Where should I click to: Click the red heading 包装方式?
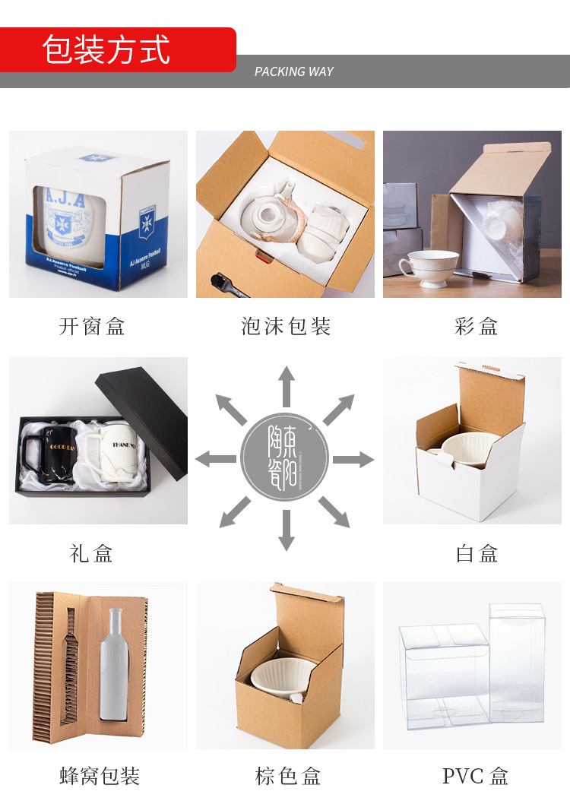pyautogui.click(x=106, y=50)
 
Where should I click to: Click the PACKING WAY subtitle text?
pyautogui.click(x=294, y=71)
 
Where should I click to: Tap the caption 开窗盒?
pyautogui.click(x=92, y=327)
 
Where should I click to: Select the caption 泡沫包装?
pyautogui.click(x=286, y=327)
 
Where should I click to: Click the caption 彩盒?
pyautogui.click(x=477, y=327)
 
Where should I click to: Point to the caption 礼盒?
pyautogui.click(x=91, y=553)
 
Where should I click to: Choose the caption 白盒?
pyautogui.click(x=477, y=553)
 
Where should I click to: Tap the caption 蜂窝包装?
pyautogui.click(x=100, y=776)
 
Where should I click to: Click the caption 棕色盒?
pyautogui.click(x=288, y=776)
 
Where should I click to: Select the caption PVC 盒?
pyautogui.click(x=476, y=776)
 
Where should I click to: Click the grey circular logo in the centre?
pyautogui.click(x=285, y=458)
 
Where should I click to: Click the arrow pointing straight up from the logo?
pyautogui.click(x=286, y=385)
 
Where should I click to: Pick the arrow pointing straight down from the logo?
pyautogui.click(x=286, y=530)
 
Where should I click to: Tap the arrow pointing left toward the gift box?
pyautogui.click(x=215, y=459)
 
